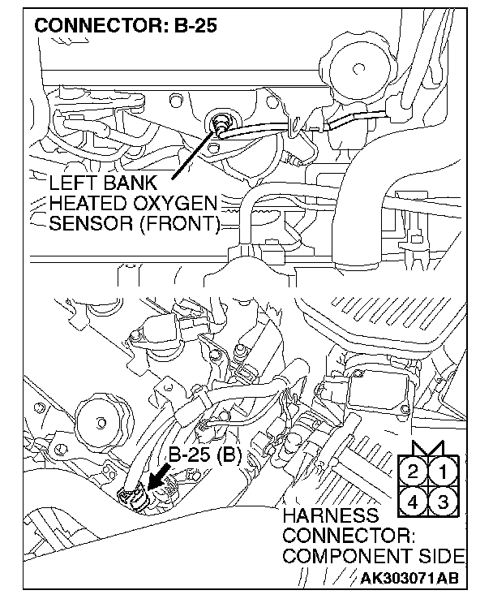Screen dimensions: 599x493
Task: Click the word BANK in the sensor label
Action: click(x=135, y=181)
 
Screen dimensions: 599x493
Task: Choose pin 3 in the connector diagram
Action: click(x=443, y=501)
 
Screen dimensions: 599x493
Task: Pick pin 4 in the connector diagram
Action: click(x=414, y=501)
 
